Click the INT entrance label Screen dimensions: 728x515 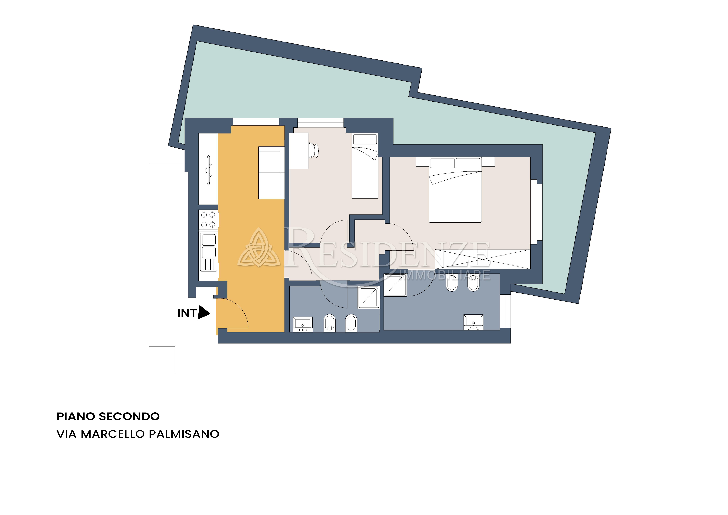point(187,313)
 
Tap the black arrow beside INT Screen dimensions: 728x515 point(204,313)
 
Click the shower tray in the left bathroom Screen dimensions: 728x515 point(369,297)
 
